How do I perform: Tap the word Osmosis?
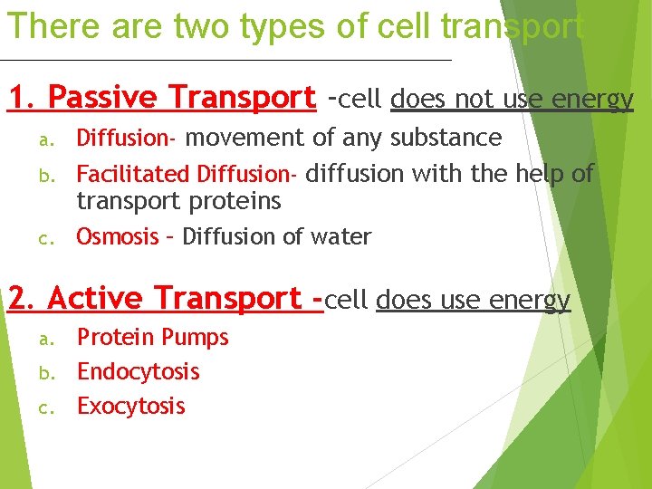117,237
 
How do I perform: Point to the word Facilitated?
133,173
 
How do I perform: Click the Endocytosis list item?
138,371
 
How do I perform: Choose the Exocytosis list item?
130,406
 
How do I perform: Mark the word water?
340,237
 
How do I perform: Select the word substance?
446,138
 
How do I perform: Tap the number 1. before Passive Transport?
23,96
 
